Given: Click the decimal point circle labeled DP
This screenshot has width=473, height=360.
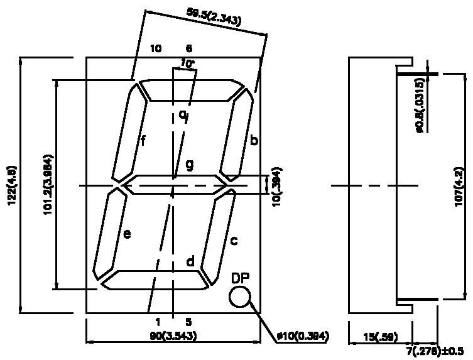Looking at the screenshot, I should pyautogui.click(x=240, y=297).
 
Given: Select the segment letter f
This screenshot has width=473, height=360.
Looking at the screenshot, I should pyautogui.click(x=143, y=141).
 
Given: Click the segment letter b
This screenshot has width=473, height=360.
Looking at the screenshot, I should pyautogui.click(x=253, y=141).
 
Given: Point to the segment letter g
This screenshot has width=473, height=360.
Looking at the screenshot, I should pyautogui.click(x=189, y=165).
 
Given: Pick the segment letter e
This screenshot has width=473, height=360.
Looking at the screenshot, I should pyautogui.click(x=127, y=234).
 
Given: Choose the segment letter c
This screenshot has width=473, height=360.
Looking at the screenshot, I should pyautogui.click(x=234, y=240).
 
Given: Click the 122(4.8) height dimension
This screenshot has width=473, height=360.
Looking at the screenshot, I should pyautogui.click(x=13, y=185).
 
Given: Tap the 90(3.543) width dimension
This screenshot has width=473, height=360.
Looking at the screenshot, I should pyautogui.click(x=173, y=336).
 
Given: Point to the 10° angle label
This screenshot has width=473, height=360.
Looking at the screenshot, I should pyautogui.click(x=187, y=63).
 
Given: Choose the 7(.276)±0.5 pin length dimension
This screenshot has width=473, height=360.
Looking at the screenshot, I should pyautogui.click(x=438, y=349).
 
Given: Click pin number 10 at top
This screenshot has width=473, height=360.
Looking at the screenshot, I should pyautogui.click(x=156, y=48).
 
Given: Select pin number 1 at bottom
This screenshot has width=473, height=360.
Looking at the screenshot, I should pyautogui.click(x=158, y=322).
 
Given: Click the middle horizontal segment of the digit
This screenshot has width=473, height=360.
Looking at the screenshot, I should pyautogui.click(x=173, y=185).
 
